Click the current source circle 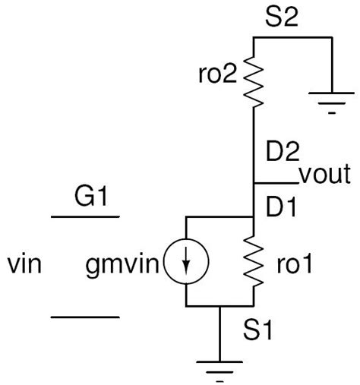pos(186,262)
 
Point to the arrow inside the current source pos(186,263)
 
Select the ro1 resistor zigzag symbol pos(252,262)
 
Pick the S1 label pos(255,331)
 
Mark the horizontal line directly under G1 pos(85,217)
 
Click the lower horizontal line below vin pos(85,317)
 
